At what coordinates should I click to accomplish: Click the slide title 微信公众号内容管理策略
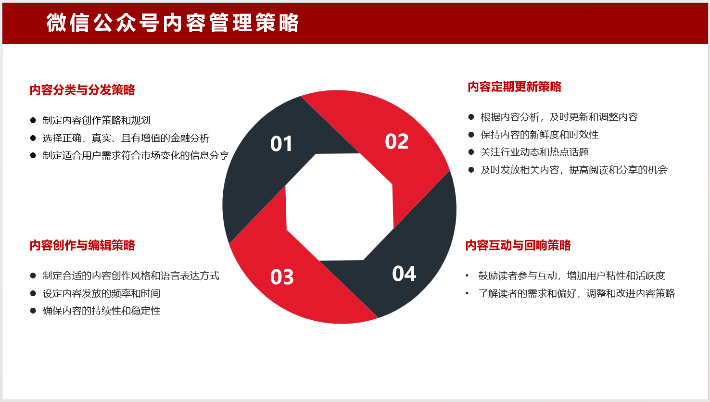pyautogui.click(x=172, y=23)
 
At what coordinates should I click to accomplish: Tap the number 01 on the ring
pyautogui.click(x=281, y=144)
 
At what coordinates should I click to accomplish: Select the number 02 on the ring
pyautogui.click(x=396, y=141)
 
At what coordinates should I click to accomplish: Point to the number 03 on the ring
pyautogui.click(x=282, y=277)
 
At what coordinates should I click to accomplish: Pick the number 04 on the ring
pyautogui.click(x=404, y=274)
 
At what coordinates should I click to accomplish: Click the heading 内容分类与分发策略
pyautogui.click(x=82, y=90)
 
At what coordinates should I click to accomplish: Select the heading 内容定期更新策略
pyautogui.click(x=514, y=87)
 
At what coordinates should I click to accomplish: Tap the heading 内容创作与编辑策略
pyautogui.click(x=82, y=245)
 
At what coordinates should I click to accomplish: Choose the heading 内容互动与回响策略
pyautogui.click(x=518, y=245)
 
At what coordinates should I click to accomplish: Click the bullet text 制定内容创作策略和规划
pyautogui.click(x=96, y=120)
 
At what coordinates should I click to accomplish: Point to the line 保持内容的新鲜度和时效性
pyautogui.click(x=539, y=135)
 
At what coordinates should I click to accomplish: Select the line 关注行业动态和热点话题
pyautogui.click(x=534, y=152)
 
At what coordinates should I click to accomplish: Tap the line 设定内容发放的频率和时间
pyautogui.click(x=101, y=293)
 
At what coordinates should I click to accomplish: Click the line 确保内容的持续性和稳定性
pyautogui.click(x=101, y=311)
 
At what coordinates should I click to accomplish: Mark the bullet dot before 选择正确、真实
pyautogui.click(x=33, y=138)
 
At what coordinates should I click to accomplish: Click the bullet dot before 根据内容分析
pyautogui.click(x=471, y=117)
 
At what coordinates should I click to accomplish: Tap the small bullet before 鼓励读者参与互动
pyautogui.click(x=467, y=276)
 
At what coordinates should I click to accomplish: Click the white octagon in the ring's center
pyautogui.click(x=340, y=207)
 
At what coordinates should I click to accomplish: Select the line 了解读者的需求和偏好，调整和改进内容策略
pyautogui.click(x=577, y=293)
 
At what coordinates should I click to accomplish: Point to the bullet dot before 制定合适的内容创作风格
pyautogui.click(x=33, y=276)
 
